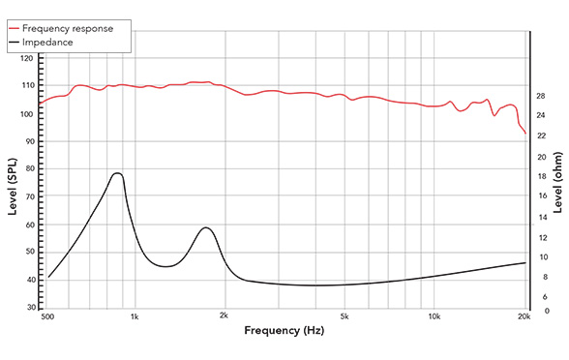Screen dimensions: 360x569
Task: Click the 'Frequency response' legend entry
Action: point(74,28)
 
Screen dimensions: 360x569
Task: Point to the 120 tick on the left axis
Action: point(27,59)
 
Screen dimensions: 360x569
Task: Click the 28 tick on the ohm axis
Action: point(541,96)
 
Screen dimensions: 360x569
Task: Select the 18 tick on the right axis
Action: point(541,177)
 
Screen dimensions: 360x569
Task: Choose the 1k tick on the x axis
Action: point(135,317)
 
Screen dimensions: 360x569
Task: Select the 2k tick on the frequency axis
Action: point(225,317)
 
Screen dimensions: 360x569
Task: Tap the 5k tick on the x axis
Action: point(344,317)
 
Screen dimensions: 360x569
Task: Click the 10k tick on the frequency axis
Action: point(434,317)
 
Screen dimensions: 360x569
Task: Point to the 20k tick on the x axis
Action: point(524,317)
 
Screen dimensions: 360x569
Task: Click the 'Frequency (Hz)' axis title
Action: point(284,331)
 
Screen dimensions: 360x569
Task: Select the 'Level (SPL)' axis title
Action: point(13,184)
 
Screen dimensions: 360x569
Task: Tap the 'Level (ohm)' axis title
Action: point(558,184)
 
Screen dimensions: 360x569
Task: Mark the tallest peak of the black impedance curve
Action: point(118,173)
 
